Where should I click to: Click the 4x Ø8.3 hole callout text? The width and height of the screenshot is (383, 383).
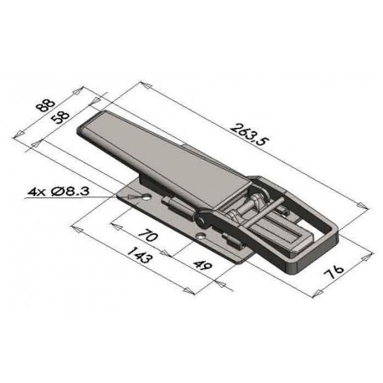click(65, 193)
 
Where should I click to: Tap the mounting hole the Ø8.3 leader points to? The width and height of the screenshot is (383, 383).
click(146, 198)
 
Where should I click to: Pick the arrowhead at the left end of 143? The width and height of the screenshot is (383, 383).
click(75, 227)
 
